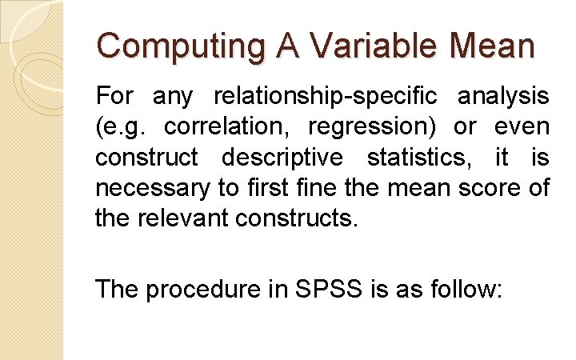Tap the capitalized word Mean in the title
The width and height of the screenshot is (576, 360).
(493, 46)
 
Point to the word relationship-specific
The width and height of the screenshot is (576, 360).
(325, 98)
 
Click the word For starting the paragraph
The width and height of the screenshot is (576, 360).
(115, 98)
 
